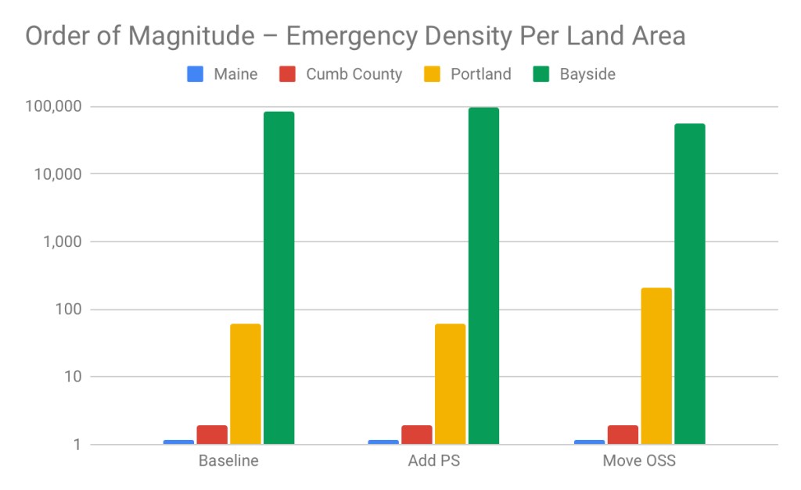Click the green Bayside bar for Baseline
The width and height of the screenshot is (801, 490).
278,277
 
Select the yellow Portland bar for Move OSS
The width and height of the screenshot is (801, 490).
656,366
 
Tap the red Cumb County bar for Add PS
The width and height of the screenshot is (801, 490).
417,435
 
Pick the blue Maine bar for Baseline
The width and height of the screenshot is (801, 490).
178,442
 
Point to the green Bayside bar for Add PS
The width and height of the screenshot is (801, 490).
483,276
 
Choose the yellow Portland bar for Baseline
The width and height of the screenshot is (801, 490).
246,384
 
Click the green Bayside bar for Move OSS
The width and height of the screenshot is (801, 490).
689,284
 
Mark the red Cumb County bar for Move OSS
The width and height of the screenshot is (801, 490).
623,435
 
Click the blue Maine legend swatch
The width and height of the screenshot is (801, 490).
196,75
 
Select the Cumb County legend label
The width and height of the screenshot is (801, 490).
354,75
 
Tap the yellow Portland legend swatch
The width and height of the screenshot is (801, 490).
433,75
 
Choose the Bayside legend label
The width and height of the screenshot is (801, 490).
587,75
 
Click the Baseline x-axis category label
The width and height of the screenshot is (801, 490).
228,460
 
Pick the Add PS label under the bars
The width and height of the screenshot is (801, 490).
434,460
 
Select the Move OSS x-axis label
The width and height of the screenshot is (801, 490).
639,460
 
